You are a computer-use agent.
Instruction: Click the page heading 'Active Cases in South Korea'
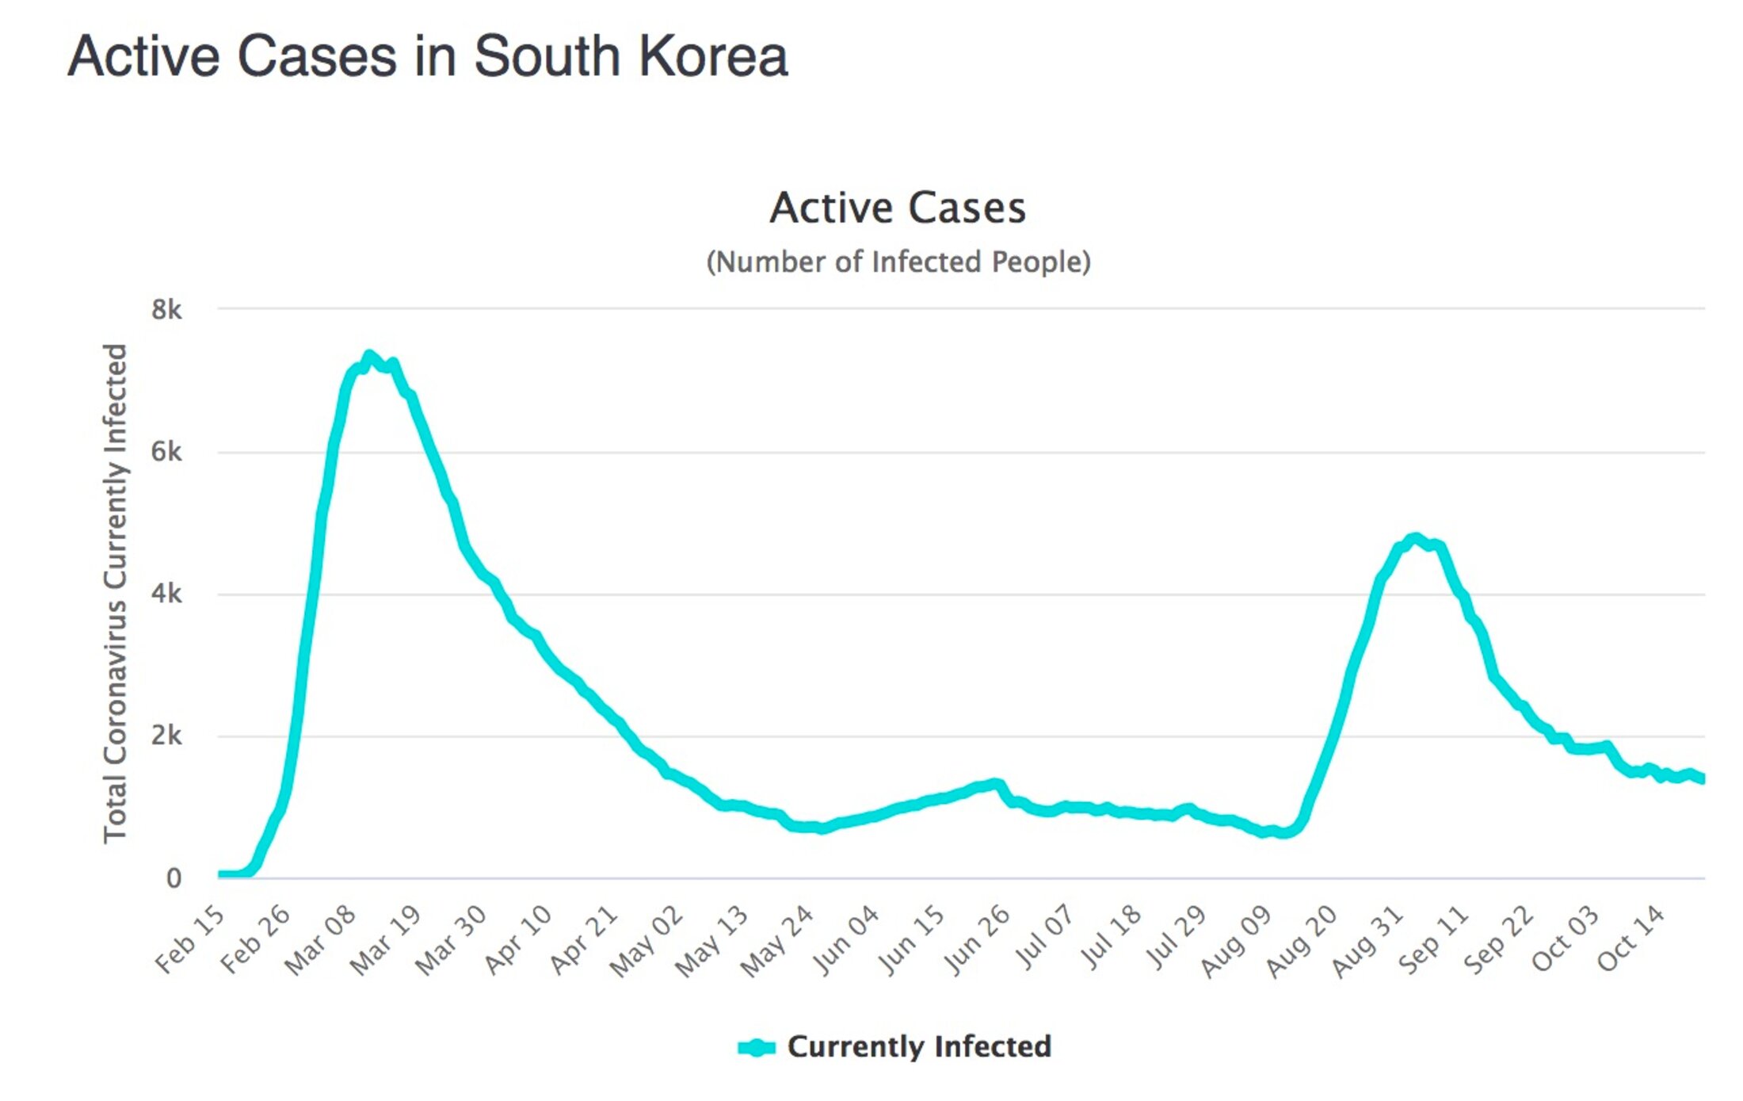[x=428, y=57]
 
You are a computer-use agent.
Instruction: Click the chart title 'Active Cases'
[x=898, y=208]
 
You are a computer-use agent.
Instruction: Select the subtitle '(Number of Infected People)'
[x=898, y=262]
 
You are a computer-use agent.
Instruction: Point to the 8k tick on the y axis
[x=166, y=310]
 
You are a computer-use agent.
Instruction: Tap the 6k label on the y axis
[x=166, y=452]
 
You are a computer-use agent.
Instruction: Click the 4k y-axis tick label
[x=166, y=594]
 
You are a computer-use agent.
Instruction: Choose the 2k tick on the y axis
[x=166, y=736]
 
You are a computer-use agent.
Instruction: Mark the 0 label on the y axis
[x=174, y=877]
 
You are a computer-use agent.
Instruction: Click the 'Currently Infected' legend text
[x=919, y=1046]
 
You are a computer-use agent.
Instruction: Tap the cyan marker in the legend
[x=756, y=1047]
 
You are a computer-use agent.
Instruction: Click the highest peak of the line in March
[x=369, y=356]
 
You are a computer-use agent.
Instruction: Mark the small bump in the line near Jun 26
[x=997, y=785]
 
